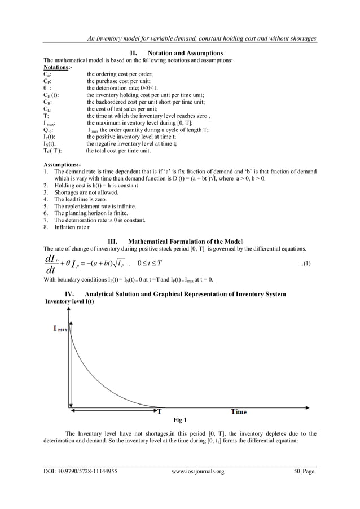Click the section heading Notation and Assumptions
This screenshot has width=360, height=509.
(x=181, y=53)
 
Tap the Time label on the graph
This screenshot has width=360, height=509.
(x=238, y=411)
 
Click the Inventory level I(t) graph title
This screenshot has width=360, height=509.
(x=69, y=302)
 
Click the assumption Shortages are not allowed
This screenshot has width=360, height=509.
(x=86, y=192)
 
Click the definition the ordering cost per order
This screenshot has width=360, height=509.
(x=124, y=74)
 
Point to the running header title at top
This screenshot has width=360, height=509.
(x=198, y=38)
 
